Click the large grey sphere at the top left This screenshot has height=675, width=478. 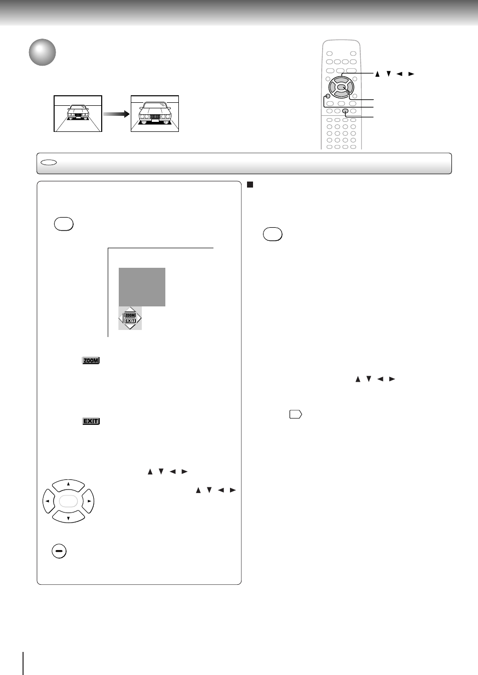[42, 52]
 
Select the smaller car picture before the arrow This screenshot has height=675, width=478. [78, 114]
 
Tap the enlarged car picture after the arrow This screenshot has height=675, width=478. [155, 114]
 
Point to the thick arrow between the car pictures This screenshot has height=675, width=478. [116, 114]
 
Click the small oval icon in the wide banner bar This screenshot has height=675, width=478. [49, 162]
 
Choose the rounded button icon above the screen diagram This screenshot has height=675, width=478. [64, 224]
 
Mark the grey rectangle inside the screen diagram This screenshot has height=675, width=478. [142, 287]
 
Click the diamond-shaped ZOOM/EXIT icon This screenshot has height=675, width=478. [130, 318]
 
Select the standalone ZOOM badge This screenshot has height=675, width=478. [91, 361]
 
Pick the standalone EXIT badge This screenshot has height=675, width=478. [91, 421]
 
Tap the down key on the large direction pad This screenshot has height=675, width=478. [69, 517]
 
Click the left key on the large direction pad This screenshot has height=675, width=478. [49, 501]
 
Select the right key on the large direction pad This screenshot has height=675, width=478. [88, 501]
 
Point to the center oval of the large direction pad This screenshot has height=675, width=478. [68, 501]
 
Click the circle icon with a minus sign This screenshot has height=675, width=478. [59, 551]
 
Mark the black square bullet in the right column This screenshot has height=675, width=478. [250, 185]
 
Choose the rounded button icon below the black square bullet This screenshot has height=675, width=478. [273, 234]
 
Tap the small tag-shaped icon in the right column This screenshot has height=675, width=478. [296, 414]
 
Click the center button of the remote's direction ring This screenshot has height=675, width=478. [341, 88]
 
